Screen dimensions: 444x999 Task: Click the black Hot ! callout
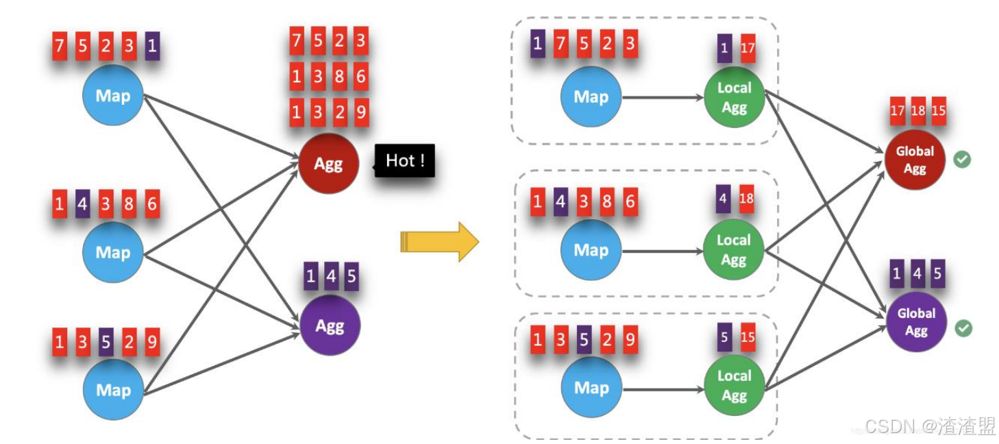pos(405,161)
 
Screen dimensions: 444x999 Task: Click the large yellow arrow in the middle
pos(439,241)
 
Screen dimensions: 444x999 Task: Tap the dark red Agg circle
pos(328,164)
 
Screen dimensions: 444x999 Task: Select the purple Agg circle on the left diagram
pos(330,325)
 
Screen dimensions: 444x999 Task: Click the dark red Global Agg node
pos(915,160)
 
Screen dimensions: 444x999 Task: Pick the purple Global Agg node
pos(916,321)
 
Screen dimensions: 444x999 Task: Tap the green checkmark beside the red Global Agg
pos(963,160)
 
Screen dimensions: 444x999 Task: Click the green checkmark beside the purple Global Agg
pos(963,328)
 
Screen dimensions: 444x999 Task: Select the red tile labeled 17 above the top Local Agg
pos(748,49)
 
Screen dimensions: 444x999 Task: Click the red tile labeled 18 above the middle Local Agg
pos(747,199)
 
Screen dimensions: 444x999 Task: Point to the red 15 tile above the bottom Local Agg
pos(748,337)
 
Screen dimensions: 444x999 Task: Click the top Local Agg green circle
pos(734,97)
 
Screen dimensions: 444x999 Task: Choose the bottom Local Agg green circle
pos(734,385)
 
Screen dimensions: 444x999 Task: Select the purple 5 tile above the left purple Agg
pos(351,277)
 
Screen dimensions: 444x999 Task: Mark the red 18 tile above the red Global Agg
pos(918,111)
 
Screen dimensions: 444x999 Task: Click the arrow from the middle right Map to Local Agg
pos(663,251)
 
